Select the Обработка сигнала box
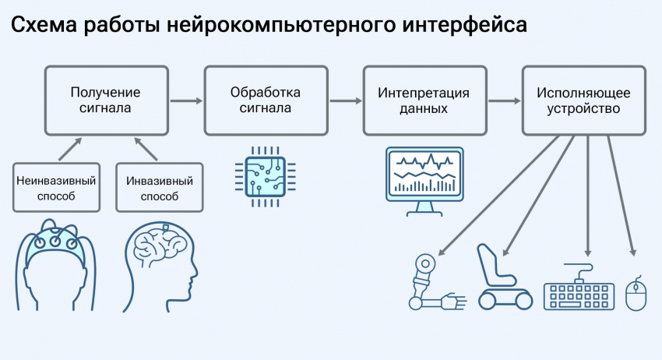click(x=266, y=101)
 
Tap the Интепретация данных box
click(x=424, y=101)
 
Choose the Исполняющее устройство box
click(x=583, y=101)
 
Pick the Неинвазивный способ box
click(x=57, y=188)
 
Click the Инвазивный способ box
click(x=159, y=188)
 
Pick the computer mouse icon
click(x=636, y=295)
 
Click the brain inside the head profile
click(x=159, y=245)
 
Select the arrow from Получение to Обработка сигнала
click(x=185, y=101)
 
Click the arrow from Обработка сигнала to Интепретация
click(x=344, y=101)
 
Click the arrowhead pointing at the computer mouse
click(x=633, y=252)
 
